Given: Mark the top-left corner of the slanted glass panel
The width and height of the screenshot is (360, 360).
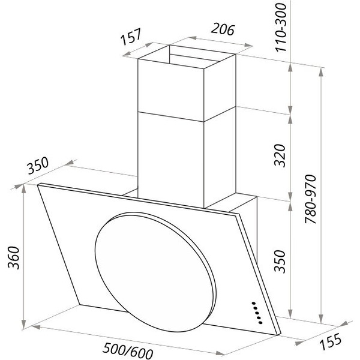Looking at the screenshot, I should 38,185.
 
